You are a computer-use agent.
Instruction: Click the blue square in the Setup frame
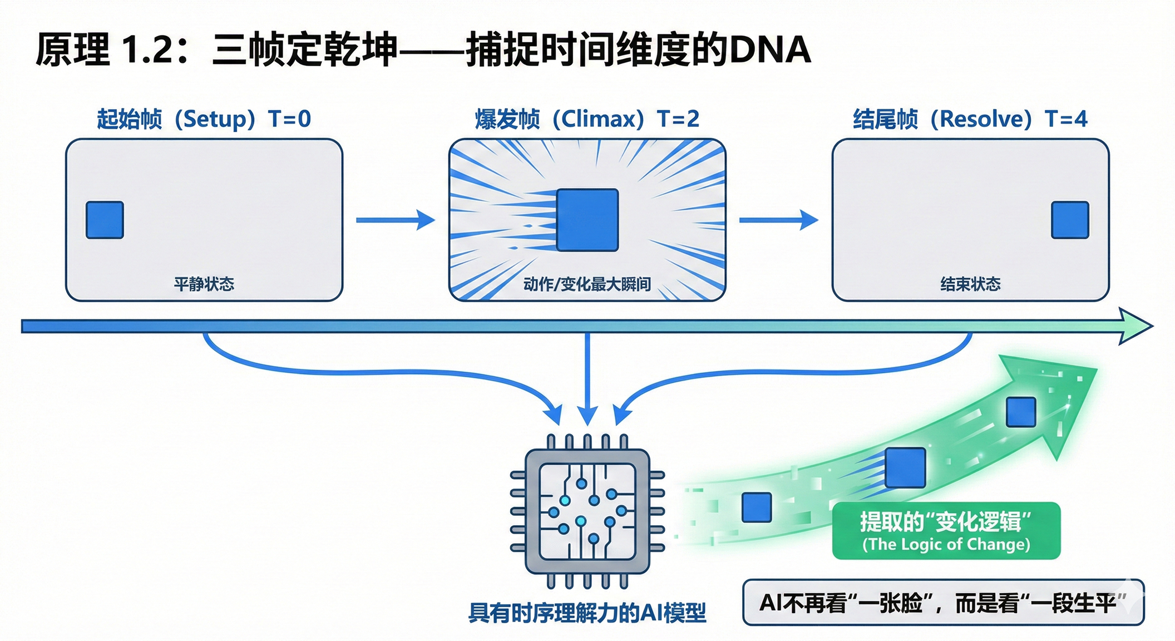pos(105,220)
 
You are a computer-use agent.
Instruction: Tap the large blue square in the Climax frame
pos(587,220)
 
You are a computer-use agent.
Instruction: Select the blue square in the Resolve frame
pos(1070,220)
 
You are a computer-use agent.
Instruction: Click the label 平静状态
pos(204,284)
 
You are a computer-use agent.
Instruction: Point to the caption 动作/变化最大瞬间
pos(587,284)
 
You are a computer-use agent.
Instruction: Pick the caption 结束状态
pos(970,284)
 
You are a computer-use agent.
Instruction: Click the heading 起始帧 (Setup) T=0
pos(204,119)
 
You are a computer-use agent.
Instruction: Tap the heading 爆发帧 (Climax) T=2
pos(587,119)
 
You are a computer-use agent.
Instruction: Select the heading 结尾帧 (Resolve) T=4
pos(970,119)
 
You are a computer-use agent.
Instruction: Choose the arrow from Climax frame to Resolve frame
pos(778,220)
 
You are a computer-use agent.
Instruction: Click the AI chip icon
pos(587,511)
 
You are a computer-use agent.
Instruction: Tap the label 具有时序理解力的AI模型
pos(587,613)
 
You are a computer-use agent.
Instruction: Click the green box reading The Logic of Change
pos(946,531)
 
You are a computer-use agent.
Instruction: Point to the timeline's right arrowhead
pos(1135,326)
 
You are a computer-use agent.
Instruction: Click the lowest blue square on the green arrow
pos(757,507)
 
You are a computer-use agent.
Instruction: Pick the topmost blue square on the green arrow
pos(1021,412)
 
